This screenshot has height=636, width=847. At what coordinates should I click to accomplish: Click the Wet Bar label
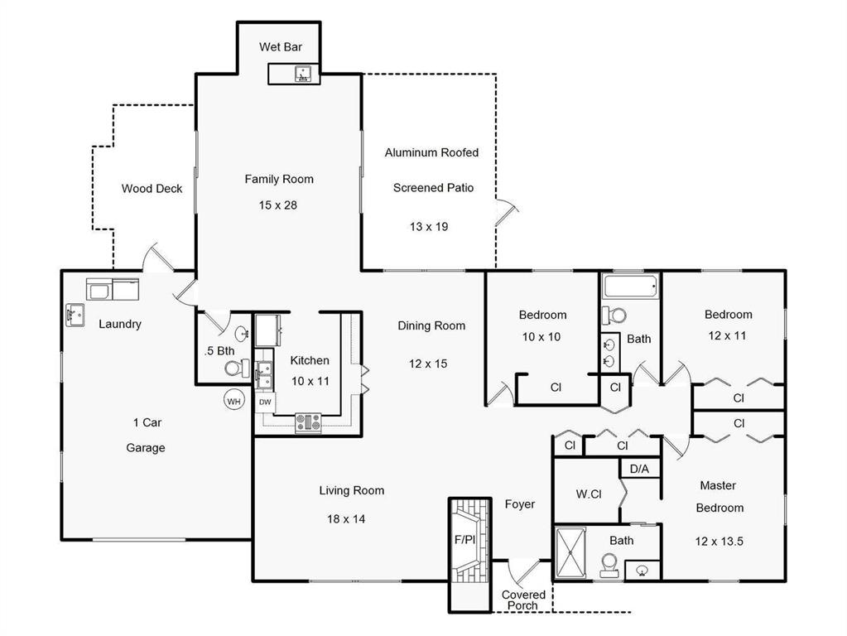281,47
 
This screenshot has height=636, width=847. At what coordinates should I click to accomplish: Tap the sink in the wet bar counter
304,74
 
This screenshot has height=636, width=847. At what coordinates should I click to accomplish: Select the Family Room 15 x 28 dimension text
277,205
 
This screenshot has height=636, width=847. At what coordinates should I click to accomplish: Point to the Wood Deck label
152,189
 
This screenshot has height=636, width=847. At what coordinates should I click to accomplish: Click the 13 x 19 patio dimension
429,227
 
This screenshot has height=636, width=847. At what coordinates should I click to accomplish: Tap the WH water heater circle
233,401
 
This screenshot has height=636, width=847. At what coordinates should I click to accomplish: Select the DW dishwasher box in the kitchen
265,402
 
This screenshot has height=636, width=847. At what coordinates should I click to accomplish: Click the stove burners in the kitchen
308,423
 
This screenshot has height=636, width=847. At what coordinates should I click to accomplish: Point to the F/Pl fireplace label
464,539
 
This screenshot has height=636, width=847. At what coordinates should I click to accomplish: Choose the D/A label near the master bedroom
639,469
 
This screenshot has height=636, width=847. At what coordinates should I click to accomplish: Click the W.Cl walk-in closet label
589,494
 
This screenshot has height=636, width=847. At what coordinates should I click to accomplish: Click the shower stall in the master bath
571,553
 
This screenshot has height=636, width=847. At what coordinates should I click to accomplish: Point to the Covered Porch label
523,600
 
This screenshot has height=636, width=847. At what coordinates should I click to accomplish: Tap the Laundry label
120,325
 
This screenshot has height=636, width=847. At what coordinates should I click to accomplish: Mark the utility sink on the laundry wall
75,316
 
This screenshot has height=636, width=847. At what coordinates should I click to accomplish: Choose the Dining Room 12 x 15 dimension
428,364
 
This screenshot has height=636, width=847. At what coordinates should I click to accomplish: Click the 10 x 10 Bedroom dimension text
541,337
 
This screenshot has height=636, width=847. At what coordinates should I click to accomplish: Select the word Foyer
520,504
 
